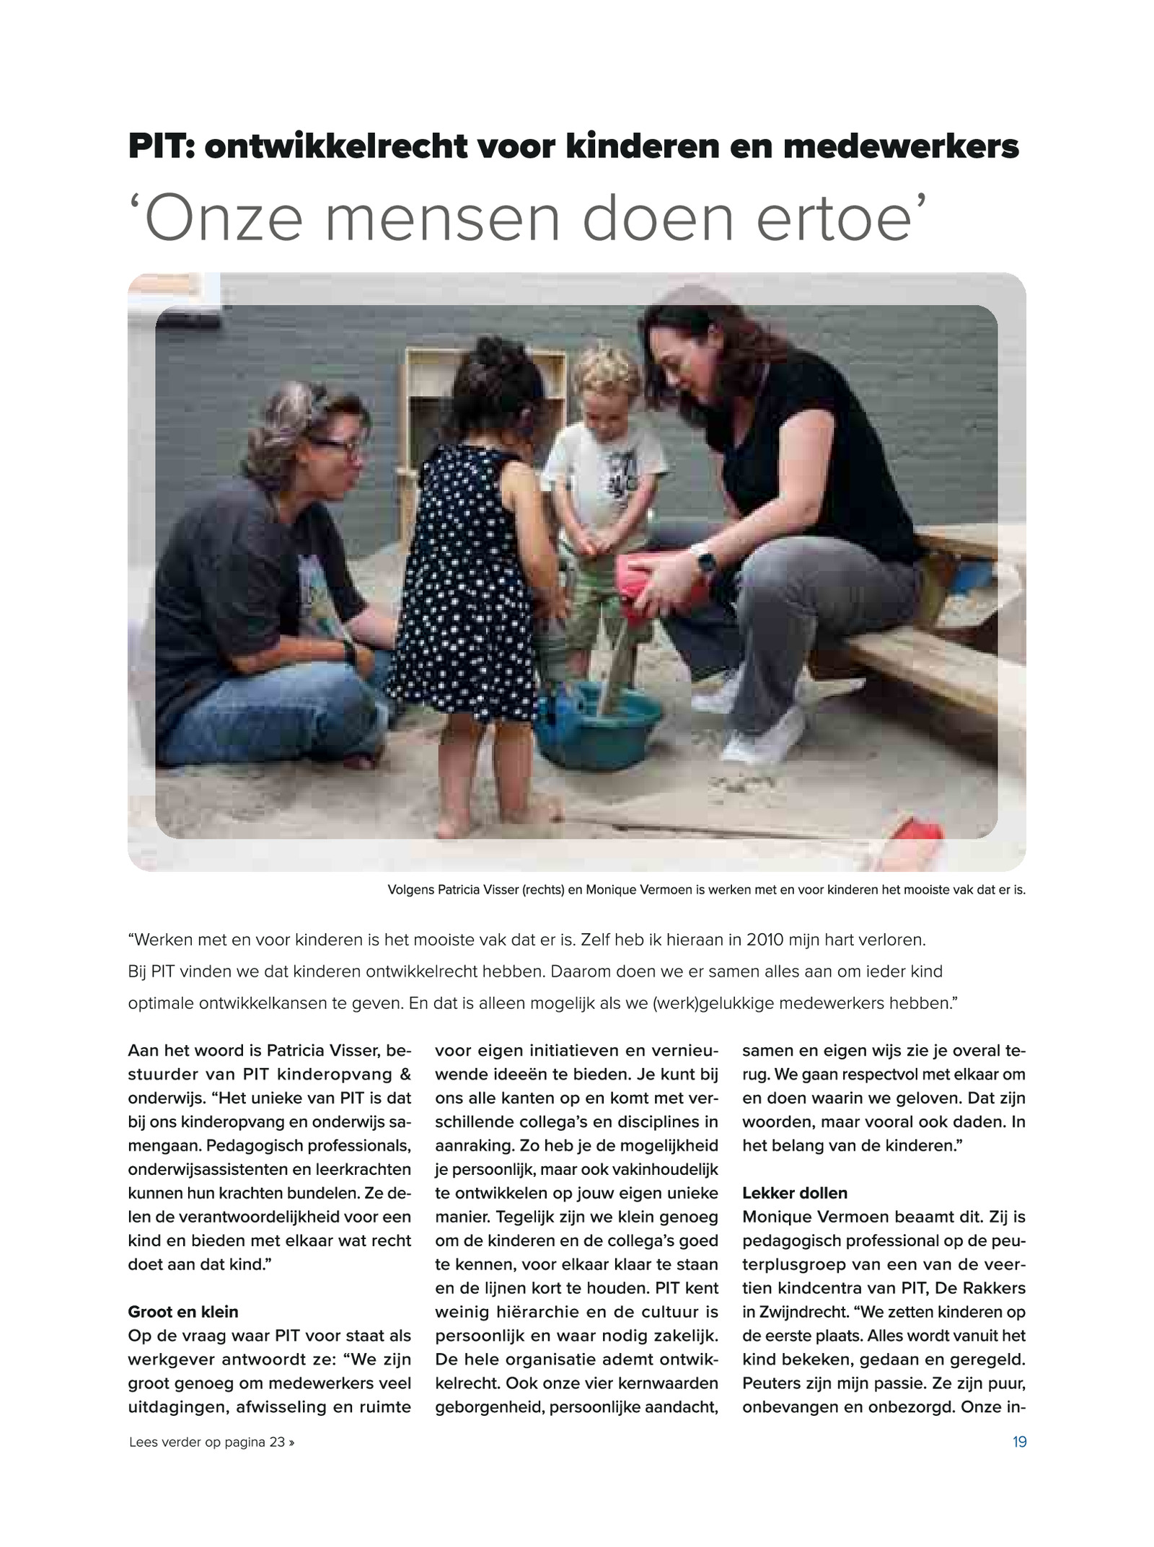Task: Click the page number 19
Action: coord(1019,1442)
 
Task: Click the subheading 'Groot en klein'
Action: coord(182,1311)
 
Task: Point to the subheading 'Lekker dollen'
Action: coord(795,1192)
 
